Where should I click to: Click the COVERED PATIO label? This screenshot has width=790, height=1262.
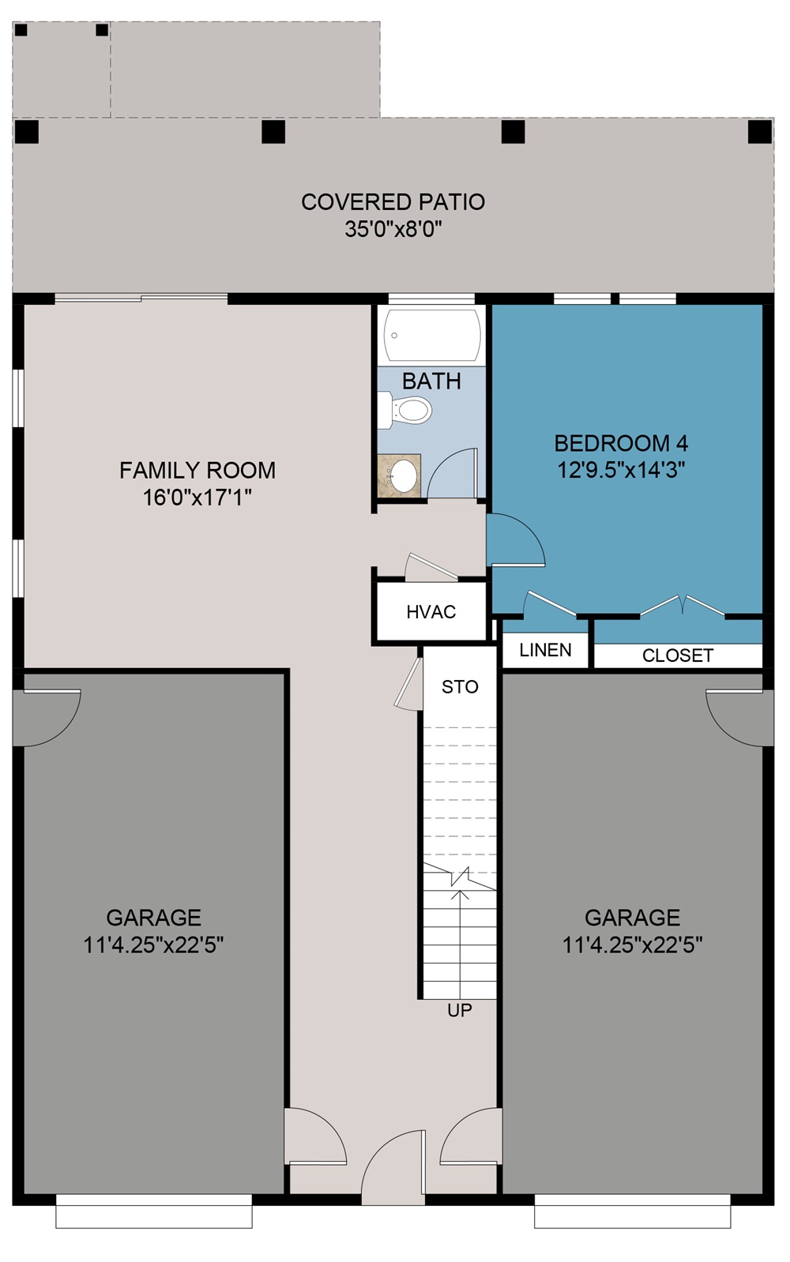[x=393, y=202]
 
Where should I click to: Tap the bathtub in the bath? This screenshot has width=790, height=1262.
[x=431, y=335]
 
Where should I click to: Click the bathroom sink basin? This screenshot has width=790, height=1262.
[x=404, y=475]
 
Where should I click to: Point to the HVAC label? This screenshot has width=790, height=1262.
[x=431, y=612]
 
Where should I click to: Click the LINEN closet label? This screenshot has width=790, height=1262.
[x=545, y=650]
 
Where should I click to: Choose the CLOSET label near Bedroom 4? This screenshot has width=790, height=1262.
[x=677, y=655]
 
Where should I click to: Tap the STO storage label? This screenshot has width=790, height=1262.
[x=460, y=687]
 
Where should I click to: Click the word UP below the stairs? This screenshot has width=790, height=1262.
[x=460, y=1010]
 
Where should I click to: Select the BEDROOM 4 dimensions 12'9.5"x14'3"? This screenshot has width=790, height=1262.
[x=621, y=471]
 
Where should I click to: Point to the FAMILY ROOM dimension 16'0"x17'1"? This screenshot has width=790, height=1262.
[x=197, y=498]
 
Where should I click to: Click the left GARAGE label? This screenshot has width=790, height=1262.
[x=153, y=918]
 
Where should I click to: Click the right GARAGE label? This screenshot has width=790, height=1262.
[x=632, y=918]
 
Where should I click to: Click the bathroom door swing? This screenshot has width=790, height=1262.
[x=453, y=475]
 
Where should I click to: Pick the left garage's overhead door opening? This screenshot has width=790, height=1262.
[x=154, y=1211]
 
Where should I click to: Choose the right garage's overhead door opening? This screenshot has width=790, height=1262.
[x=632, y=1211]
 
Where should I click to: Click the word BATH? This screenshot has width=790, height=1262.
[x=431, y=381]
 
